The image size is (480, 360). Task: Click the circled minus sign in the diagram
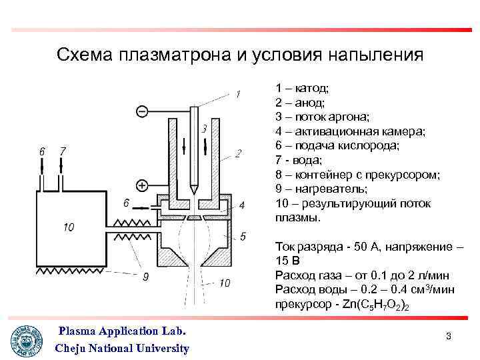click(141, 111)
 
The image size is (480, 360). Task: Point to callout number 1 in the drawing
click(238, 94)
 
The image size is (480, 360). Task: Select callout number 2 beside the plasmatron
click(238, 154)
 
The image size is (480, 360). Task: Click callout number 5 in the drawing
click(243, 236)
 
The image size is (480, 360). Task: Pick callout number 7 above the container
click(63, 151)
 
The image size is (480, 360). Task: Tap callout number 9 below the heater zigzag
click(145, 277)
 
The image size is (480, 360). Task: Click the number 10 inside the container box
click(68, 227)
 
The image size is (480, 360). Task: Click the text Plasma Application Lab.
click(122, 331)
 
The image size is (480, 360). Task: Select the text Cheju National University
click(122, 348)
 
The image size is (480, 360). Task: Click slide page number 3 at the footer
click(449, 337)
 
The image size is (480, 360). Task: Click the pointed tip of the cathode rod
click(193, 191)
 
